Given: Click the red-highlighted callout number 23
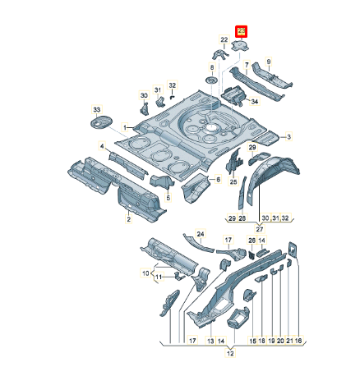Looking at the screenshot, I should (242, 32).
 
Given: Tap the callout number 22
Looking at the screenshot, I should (224, 39).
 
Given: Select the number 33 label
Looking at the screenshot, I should (97, 109).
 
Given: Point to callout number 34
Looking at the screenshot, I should (254, 102).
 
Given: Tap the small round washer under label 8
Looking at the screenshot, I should (211, 80).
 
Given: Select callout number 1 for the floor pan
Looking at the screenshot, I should (127, 128).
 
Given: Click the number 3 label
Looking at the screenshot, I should (290, 136).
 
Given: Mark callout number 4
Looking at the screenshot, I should (102, 146).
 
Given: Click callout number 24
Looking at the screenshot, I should (200, 234).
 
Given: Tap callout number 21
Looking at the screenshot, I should (288, 339).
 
